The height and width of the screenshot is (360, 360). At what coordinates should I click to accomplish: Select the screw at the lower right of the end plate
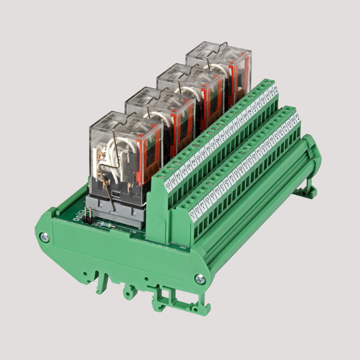200,278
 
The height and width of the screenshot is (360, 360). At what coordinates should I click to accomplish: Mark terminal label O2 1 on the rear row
174,180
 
